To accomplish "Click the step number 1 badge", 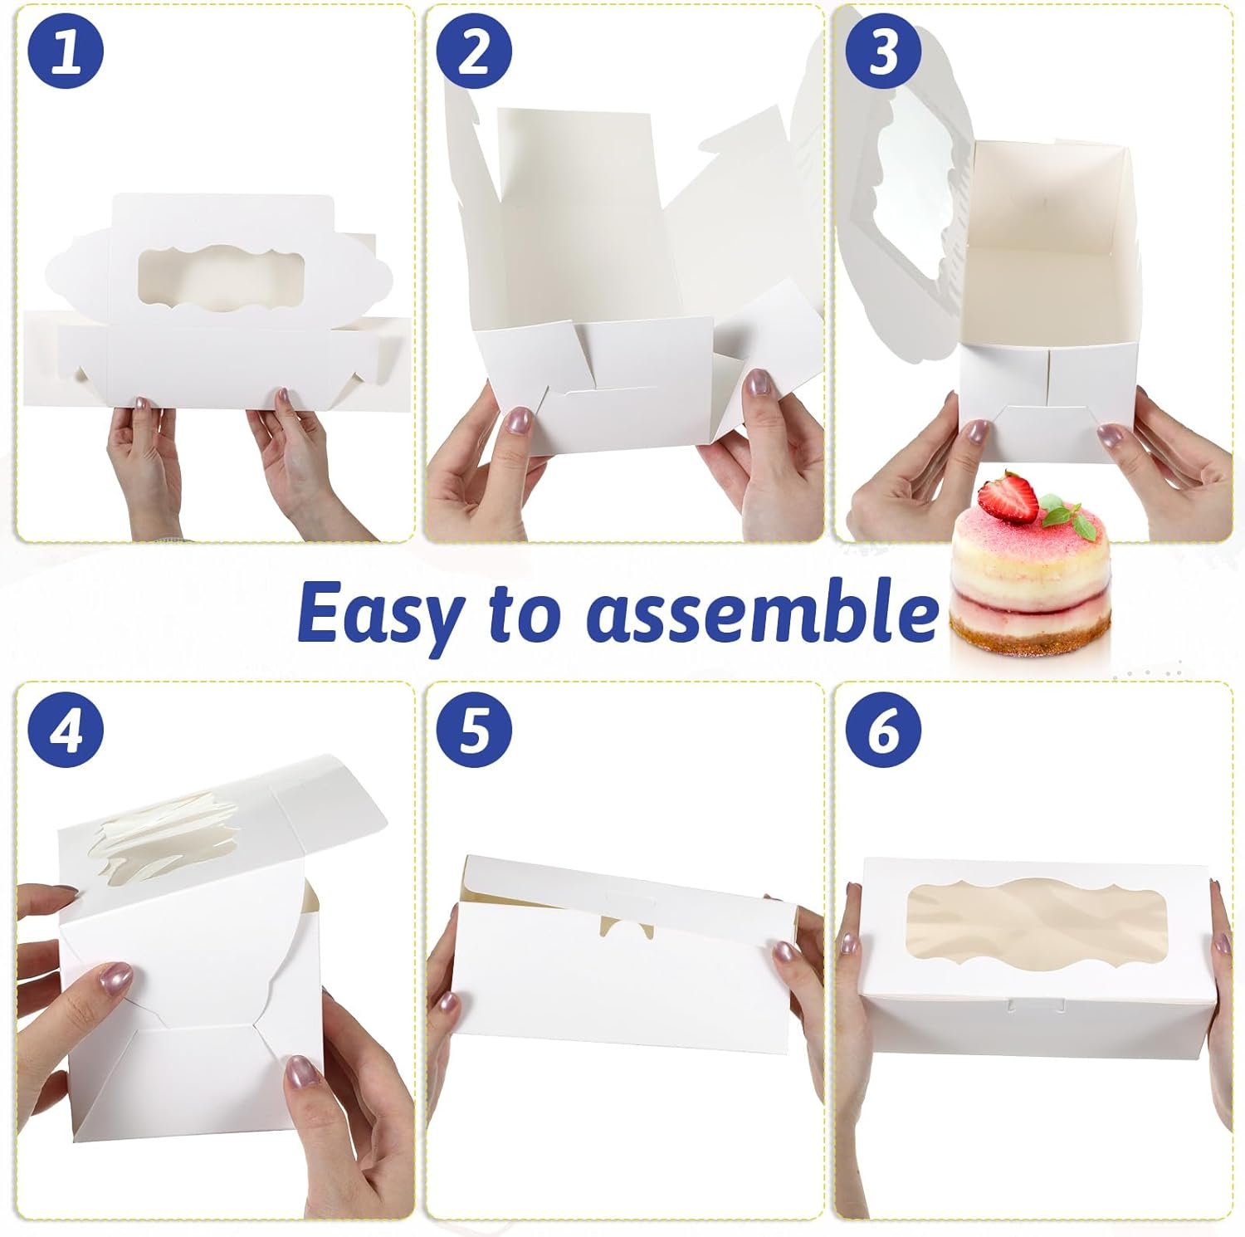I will point(66,51).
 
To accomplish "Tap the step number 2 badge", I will point(474,51).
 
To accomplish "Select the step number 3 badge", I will point(882,51).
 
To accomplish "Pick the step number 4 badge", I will point(66,730).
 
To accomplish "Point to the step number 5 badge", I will point(474,730).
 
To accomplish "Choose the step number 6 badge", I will point(882,730).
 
